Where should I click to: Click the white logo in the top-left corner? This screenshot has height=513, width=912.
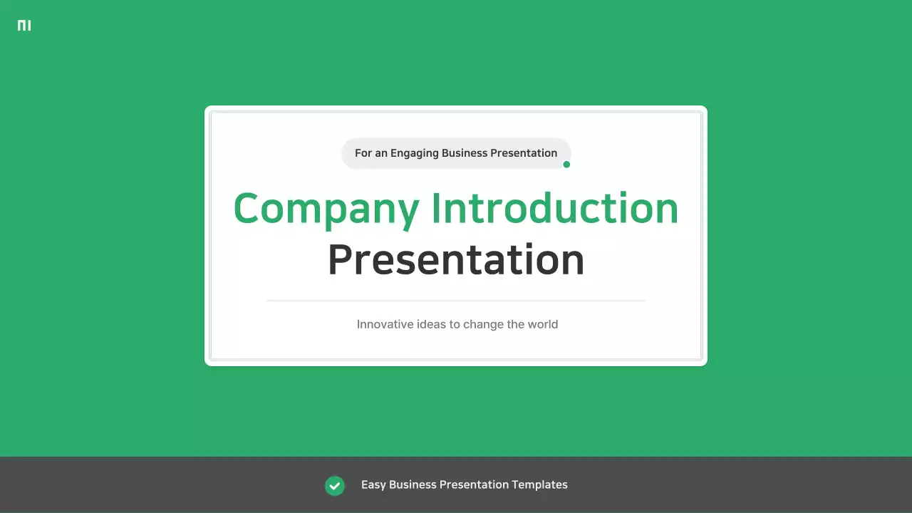tap(24, 26)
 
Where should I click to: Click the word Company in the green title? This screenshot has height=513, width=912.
tap(326, 209)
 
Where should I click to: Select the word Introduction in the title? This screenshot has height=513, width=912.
tap(555, 209)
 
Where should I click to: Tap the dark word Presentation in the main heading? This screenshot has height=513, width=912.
tap(456, 260)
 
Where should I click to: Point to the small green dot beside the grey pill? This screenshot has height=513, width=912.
tap(566, 165)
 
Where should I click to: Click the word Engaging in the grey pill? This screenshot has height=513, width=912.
tap(414, 153)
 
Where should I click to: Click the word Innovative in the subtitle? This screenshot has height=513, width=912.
tap(384, 324)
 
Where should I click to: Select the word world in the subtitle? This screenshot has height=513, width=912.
tap(543, 324)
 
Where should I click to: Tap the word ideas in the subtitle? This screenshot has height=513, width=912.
tap(430, 324)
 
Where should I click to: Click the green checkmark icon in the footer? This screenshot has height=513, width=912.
tap(335, 485)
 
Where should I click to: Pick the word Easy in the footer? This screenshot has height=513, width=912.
tap(373, 484)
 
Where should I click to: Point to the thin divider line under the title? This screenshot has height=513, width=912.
tap(456, 301)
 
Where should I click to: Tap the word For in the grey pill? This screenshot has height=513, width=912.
tap(363, 153)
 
